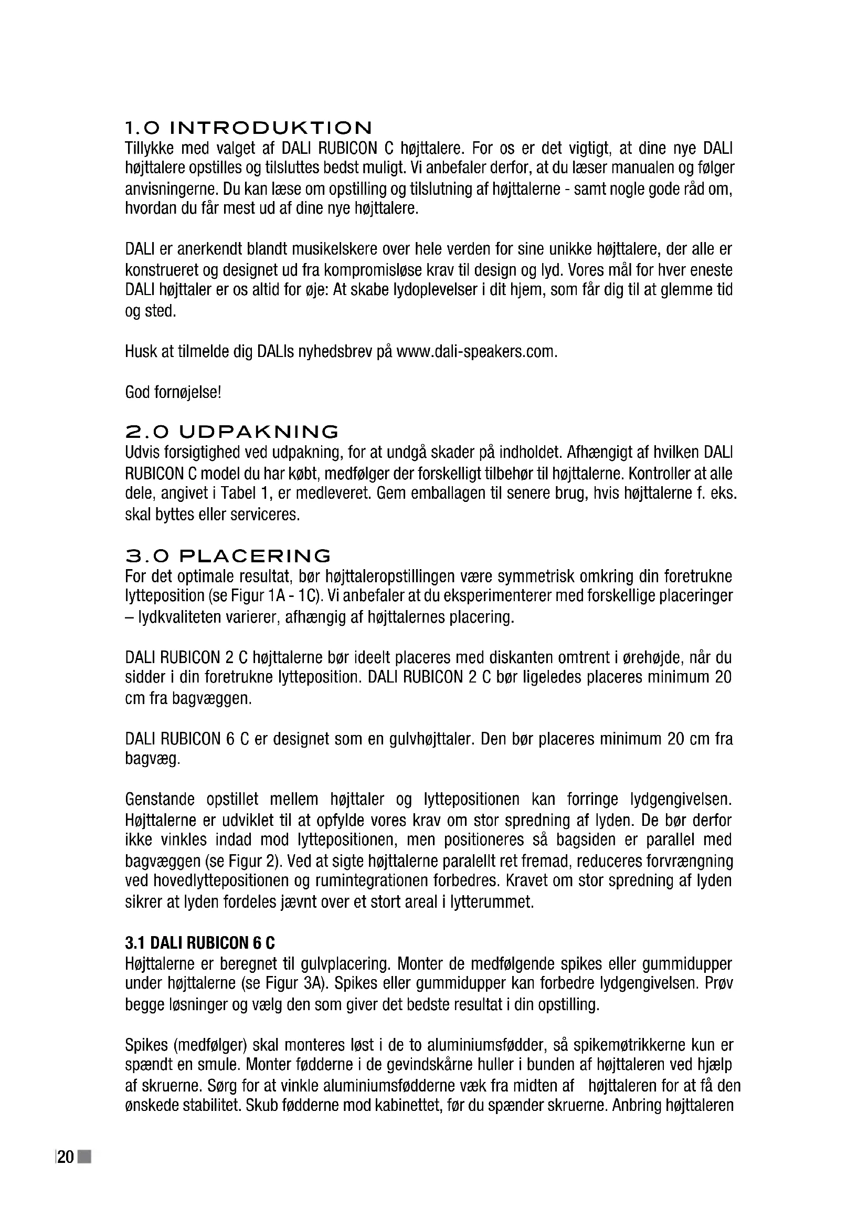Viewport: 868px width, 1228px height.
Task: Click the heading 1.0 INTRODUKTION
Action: (x=248, y=128)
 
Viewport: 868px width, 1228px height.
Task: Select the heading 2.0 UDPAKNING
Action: (x=231, y=432)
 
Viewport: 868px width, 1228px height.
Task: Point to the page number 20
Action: (x=65, y=1158)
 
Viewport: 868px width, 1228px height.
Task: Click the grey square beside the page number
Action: (x=84, y=1158)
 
